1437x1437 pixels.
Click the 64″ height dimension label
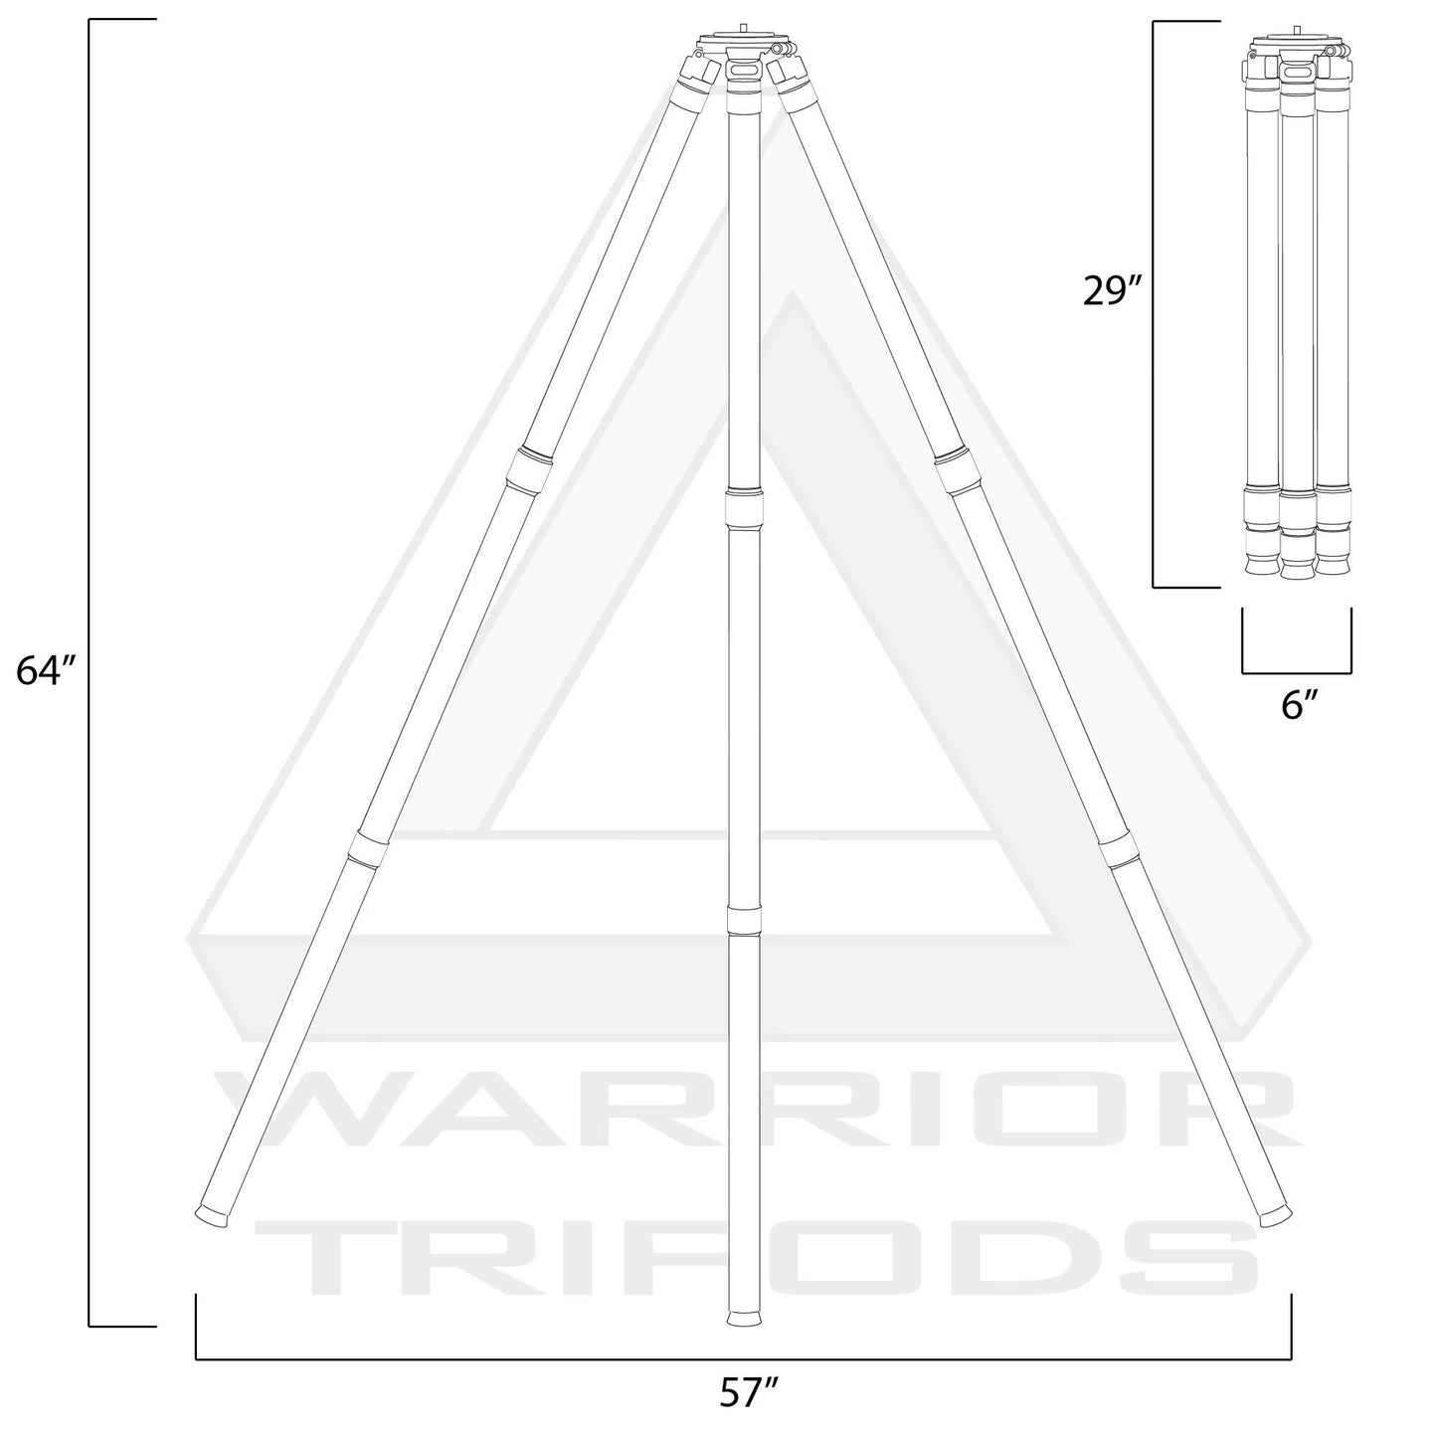[x=46, y=671]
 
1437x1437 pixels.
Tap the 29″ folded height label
[x=1113, y=293]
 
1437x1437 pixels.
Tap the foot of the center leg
[x=744, y=1318]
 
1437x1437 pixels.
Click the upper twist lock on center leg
[x=744, y=507]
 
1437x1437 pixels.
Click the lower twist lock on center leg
[x=744, y=919]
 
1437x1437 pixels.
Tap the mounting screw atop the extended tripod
[x=744, y=29]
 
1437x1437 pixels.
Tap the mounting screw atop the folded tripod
[x=1297, y=31]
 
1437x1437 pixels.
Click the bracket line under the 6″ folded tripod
[x=1297, y=671]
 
